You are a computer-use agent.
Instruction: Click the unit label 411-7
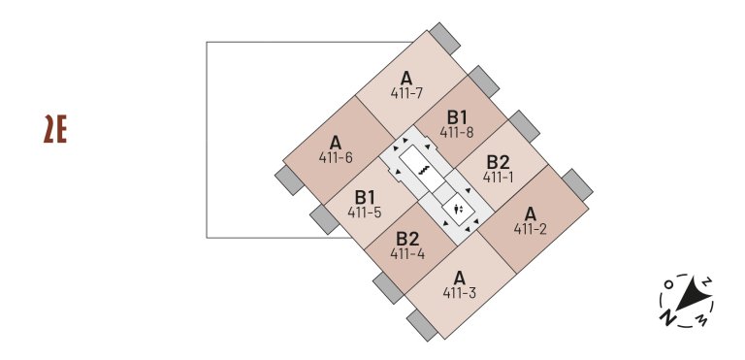pos(406,93)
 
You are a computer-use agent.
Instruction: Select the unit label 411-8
pos(456,132)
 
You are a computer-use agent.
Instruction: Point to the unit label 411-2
pos(530,229)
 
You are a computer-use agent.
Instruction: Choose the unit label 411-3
pos(459,292)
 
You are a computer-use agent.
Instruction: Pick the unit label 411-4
pos(407,253)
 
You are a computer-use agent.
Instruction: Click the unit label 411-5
pos(365,212)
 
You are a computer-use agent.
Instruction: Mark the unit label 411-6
pos(336,157)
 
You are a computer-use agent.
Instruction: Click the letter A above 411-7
pos(406,78)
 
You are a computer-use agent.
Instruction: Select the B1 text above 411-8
pos(457,116)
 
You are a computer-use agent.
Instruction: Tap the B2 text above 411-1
pos(498,161)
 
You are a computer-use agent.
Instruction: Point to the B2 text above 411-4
pos(407,239)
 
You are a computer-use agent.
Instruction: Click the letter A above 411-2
pos(530,213)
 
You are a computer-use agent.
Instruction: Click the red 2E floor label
pos(54,129)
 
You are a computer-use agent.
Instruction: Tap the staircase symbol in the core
pos(424,169)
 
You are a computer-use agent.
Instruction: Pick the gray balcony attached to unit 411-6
pos(289,179)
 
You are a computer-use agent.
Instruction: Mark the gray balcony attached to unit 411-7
pos(446,39)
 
